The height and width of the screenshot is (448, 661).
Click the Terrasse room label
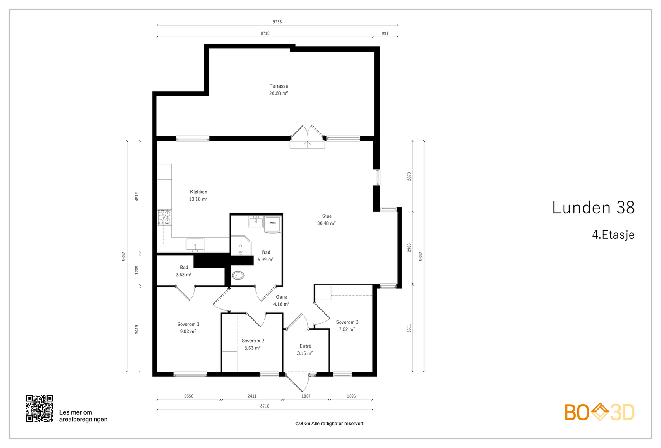[x=279, y=86]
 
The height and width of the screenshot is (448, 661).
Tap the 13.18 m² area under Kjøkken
[x=198, y=199]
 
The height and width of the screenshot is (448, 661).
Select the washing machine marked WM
[x=273, y=224]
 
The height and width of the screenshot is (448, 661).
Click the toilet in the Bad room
[x=238, y=275]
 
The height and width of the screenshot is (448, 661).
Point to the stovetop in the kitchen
[x=164, y=217]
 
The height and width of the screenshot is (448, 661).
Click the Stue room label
[x=327, y=216]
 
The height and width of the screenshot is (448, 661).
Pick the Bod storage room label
[x=184, y=268]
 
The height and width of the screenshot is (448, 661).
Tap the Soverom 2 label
[x=253, y=341]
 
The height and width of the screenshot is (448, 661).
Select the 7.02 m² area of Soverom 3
[x=347, y=329]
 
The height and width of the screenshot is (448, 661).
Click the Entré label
[x=305, y=346]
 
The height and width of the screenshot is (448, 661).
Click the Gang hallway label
[x=281, y=297]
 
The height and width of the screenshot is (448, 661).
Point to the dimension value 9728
[x=277, y=21]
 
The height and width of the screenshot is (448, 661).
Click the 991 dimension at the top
[x=385, y=33]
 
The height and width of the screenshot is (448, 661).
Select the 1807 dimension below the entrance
[x=306, y=396]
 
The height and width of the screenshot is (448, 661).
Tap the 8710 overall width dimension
[x=265, y=406]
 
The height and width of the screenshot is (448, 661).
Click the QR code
[x=40, y=408]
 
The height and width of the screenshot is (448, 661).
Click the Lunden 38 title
[x=593, y=208]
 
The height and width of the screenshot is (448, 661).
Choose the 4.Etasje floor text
[x=613, y=235]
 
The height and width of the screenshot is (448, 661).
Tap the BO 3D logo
[x=599, y=412]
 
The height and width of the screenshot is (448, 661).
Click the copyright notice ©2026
[x=329, y=424]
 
